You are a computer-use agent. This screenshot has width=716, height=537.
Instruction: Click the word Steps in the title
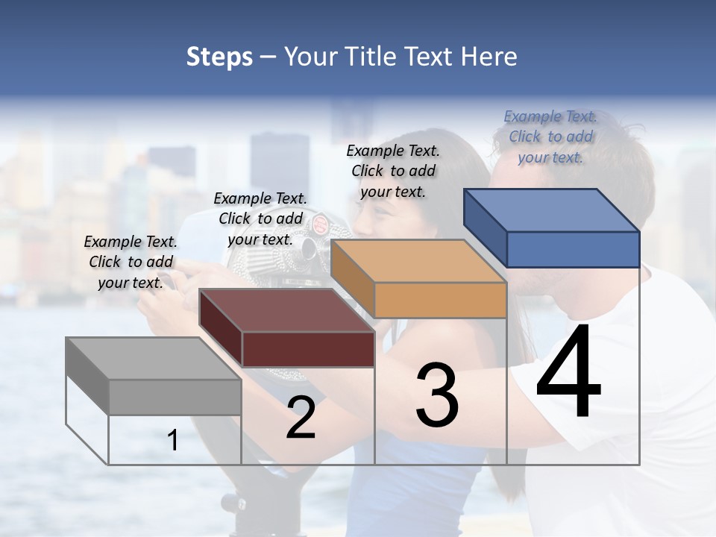tap(219, 57)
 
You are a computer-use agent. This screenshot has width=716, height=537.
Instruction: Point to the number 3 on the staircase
tap(437, 395)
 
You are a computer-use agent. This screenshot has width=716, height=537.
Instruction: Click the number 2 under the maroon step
tap(301, 418)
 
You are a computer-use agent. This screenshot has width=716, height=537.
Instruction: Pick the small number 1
tap(173, 440)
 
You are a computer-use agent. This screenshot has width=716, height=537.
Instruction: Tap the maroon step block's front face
tap(308, 349)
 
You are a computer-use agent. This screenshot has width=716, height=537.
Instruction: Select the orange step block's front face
tap(440, 300)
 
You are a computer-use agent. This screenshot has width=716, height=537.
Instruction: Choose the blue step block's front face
tap(573, 249)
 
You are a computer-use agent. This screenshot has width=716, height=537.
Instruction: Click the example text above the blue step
tap(550, 136)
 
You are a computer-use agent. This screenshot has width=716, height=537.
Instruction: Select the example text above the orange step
tap(393, 171)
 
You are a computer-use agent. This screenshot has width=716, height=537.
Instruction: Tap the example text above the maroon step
tap(260, 219)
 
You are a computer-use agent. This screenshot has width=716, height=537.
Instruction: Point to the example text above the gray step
tap(131, 262)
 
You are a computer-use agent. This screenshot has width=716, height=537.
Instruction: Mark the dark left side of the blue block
tap(485, 227)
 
